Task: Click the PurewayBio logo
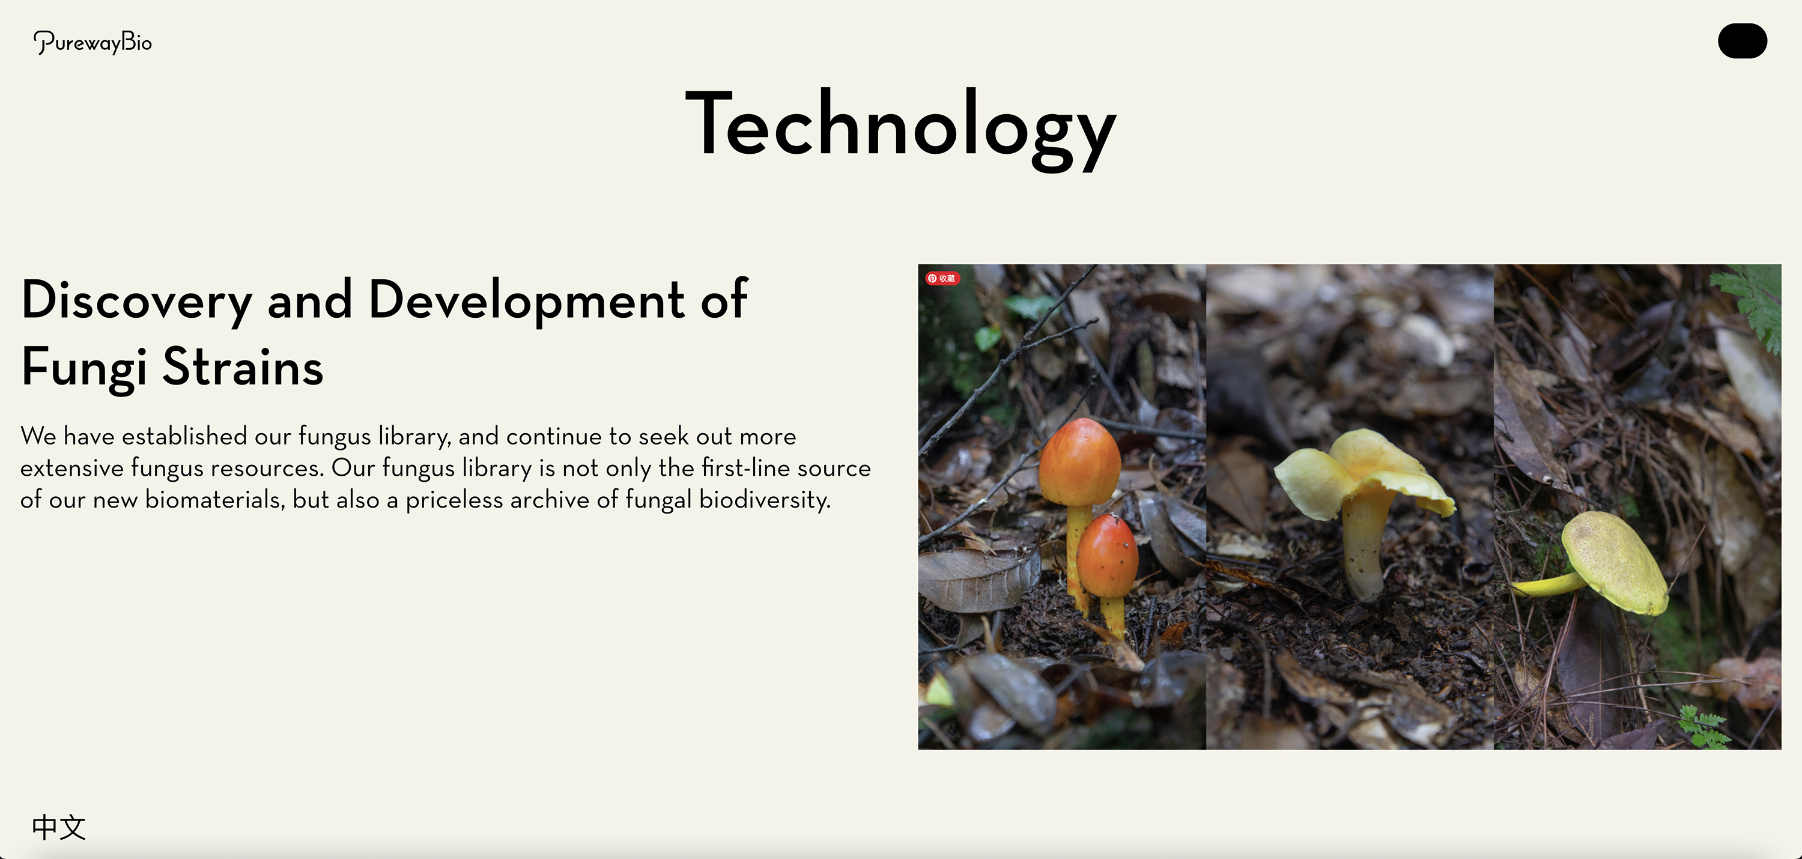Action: (x=93, y=43)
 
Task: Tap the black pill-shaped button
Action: (x=1742, y=41)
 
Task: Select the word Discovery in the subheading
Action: (x=136, y=301)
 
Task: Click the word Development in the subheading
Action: (x=526, y=301)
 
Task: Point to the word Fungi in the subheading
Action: (x=84, y=367)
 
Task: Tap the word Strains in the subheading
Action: (x=243, y=366)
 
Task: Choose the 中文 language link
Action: (x=59, y=828)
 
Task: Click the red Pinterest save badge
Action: (x=942, y=278)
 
